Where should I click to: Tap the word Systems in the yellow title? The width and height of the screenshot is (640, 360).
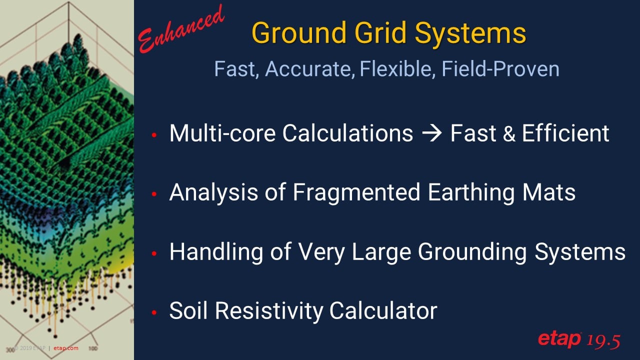click(x=470, y=33)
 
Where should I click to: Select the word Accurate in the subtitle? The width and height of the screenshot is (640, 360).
click(x=309, y=69)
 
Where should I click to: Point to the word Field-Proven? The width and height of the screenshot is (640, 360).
click(x=500, y=69)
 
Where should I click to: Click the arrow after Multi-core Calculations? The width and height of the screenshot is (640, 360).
click(x=431, y=133)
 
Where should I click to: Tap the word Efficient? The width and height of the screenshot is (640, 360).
click(x=565, y=133)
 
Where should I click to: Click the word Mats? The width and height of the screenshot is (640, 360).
click(x=549, y=192)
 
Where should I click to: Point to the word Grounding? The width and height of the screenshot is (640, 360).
click(x=472, y=252)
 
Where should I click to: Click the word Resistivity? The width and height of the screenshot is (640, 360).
click(x=269, y=310)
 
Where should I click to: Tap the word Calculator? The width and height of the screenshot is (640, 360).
click(x=383, y=310)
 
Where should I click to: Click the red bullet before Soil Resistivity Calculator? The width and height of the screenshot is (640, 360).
click(x=154, y=312)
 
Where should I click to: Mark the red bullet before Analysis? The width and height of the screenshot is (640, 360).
click(x=154, y=194)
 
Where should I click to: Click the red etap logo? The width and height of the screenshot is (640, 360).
click(x=559, y=339)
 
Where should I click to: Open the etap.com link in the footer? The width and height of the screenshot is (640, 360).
click(x=65, y=348)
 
